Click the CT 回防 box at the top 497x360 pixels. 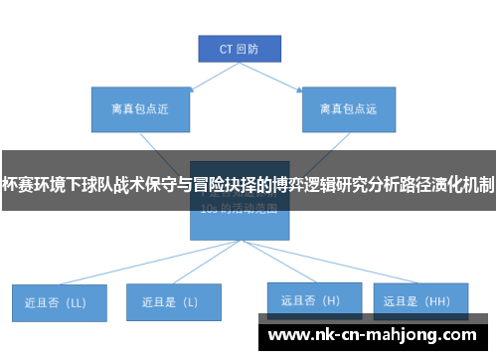pyautogui.click(x=238, y=48)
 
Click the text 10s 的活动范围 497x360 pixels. pyautogui.click(x=239, y=210)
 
